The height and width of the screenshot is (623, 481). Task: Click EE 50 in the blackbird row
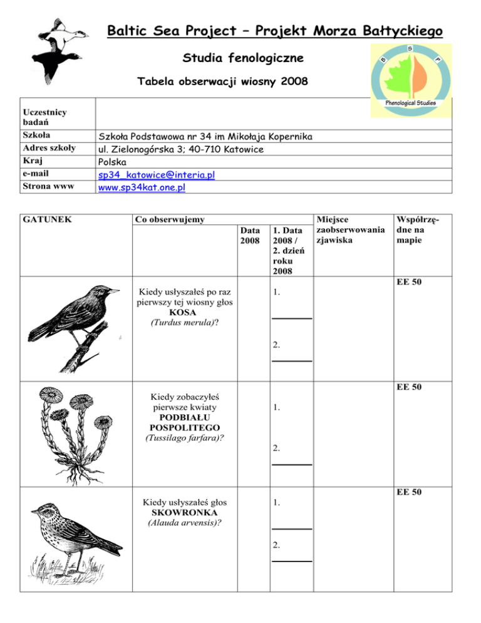click(x=410, y=283)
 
